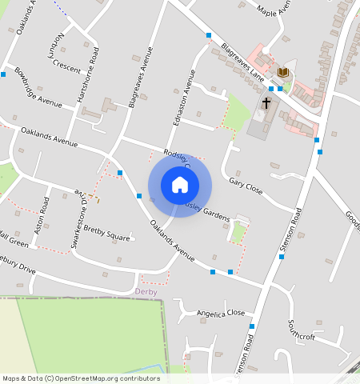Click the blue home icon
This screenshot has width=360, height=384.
click(180, 185)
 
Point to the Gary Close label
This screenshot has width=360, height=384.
click(246, 186)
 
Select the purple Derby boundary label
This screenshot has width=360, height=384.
click(146, 292)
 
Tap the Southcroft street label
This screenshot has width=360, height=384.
click(302, 331)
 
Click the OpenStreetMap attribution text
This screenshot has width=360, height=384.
click(81, 378)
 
